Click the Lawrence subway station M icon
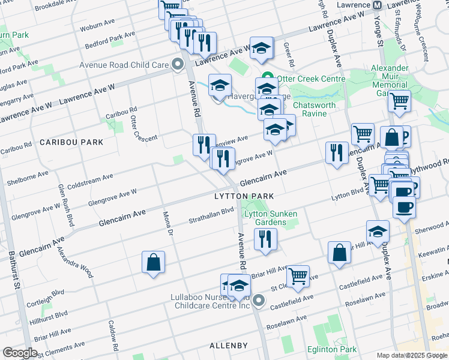(x=378, y=5)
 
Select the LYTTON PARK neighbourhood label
(x=244, y=196)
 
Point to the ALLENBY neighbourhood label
(x=229, y=346)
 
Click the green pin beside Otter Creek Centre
(x=268, y=79)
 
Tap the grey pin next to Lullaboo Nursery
(x=259, y=300)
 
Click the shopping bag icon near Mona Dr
(x=153, y=262)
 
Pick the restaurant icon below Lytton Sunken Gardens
(x=265, y=239)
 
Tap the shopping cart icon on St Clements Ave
(x=298, y=276)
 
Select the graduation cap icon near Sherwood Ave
(x=378, y=231)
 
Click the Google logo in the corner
(x=20, y=352)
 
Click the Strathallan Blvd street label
(x=211, y=215)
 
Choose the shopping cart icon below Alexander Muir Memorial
(x=399, y=101)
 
